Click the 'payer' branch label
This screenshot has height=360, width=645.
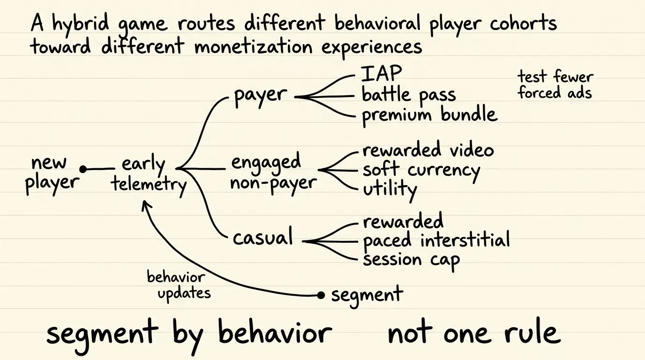(260, 96)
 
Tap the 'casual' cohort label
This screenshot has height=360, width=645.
(262, 237)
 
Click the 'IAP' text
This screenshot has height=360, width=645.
(381, 73)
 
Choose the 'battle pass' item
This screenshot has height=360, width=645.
(409, 95)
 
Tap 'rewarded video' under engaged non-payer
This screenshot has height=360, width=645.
(428, 149)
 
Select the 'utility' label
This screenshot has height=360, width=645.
(390, 189)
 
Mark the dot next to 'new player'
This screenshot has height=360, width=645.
(83, 169)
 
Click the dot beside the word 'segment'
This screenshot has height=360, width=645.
(321, 295)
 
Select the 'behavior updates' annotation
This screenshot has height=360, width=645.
(179, 285)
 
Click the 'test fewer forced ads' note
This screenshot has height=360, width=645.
(555, 85)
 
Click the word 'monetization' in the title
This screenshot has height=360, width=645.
(254, 47)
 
